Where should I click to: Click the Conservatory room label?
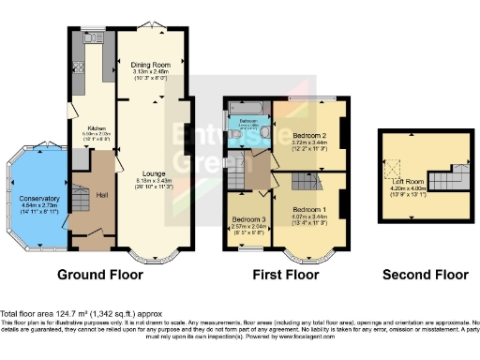pos(37,198)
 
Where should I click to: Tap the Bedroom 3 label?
pos(248,218)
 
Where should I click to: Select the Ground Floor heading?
pos(100,276)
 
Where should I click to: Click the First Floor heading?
pos(286,276)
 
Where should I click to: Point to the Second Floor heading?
pos(425,276)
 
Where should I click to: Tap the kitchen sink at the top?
pos(97,39)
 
